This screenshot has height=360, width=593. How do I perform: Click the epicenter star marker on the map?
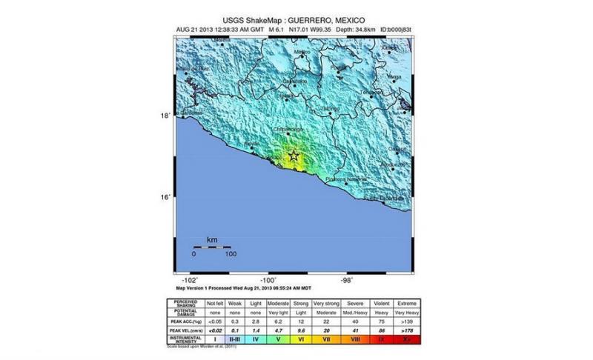[294, 156]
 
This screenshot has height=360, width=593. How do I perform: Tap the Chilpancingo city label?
[291, 129]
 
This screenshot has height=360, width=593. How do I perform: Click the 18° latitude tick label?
[168, 115]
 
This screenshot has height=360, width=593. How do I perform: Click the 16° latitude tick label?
[168, 196]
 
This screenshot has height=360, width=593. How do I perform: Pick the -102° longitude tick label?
[190, 280]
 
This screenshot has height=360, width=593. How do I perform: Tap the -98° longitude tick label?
[346, 280]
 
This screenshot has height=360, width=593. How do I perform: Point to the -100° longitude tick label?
[268, 280]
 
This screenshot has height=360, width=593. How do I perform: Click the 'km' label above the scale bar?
[211, 240]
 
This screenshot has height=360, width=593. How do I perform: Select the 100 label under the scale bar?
[230, 254]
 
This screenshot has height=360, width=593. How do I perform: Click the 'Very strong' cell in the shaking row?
[327, 304]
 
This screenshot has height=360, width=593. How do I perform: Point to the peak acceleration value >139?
[407, 321]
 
